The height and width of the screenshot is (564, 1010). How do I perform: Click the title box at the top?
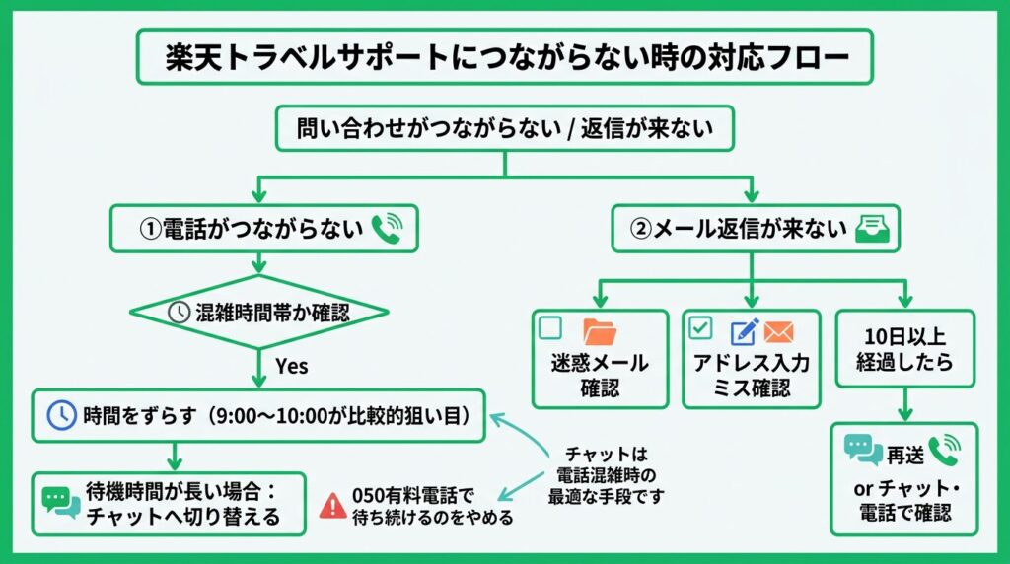tap(504, 56)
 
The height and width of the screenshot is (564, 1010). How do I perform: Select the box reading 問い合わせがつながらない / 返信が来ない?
tap(504, 128)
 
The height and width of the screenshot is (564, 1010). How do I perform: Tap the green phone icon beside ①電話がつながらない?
tap(386, 229)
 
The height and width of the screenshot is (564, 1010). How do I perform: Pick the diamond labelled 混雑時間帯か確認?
tap(259, 313)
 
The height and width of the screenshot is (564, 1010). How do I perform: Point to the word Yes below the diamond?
tap(292, 366)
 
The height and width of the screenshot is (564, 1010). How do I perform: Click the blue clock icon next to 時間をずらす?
tap(61, 416)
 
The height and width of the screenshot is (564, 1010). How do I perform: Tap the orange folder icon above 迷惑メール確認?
tap(599, 330)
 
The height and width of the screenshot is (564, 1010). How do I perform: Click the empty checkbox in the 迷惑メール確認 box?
tap(550, 327)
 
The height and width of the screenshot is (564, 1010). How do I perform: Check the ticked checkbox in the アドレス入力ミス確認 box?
tap(699, 327)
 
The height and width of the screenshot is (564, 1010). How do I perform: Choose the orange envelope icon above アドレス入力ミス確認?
tap(778, 331)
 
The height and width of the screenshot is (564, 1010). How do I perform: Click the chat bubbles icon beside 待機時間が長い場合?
tap(61, 502)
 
